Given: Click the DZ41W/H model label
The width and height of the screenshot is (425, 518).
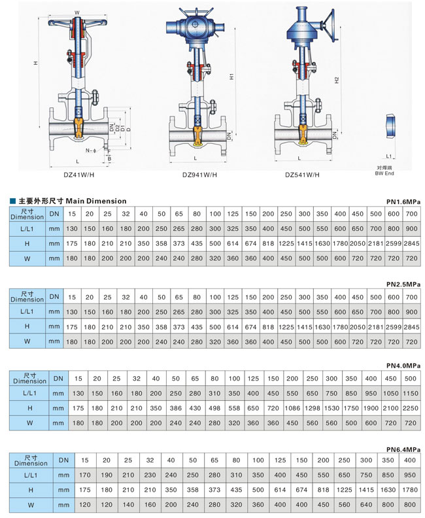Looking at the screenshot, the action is [x=78, y=175].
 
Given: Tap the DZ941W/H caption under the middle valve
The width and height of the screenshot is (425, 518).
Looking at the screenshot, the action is [x=199, y=175].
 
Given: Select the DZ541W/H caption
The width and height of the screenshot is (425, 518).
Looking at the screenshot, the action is [x=302, y=175].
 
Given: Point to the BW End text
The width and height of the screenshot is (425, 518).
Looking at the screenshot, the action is [x=384, y=173].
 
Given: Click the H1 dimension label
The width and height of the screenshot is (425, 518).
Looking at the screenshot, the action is [x=231, y=77].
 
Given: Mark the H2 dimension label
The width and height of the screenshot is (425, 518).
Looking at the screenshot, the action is [x=337, y=80].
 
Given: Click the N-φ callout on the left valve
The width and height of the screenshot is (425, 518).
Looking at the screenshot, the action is [x=91, y=150].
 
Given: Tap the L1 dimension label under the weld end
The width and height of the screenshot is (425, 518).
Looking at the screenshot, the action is [x=389, y=156].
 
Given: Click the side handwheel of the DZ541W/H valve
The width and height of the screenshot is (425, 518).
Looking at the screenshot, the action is [x=329, y=26].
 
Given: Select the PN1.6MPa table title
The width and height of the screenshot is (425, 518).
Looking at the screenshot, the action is [x=403, y=201].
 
